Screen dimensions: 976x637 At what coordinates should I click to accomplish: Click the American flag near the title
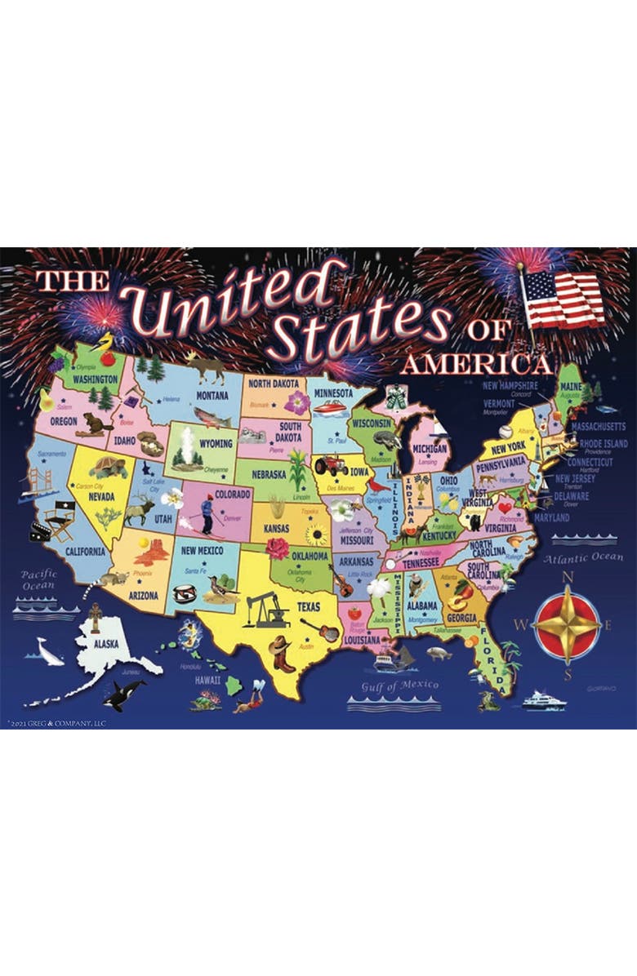(563, 299)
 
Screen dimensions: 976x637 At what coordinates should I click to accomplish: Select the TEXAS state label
(309, 607)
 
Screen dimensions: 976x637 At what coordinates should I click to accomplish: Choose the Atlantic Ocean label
(583, 559)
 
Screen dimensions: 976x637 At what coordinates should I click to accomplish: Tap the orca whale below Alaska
(124, 691)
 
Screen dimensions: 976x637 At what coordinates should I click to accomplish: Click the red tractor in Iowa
(331, 466)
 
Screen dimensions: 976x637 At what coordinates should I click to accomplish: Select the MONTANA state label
(212, 396)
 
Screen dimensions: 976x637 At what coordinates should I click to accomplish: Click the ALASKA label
(105, 644)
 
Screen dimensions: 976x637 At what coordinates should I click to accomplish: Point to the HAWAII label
(207, 679)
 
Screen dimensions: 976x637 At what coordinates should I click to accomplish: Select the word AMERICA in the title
(475, 362)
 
